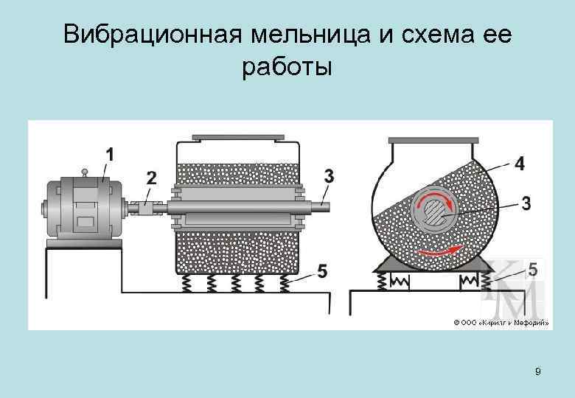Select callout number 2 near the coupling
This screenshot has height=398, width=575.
coord(151,178)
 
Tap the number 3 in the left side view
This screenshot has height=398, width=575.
coord(329,175)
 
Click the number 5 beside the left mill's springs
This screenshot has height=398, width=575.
coord(321,272)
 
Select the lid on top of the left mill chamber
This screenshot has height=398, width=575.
coord(237,137)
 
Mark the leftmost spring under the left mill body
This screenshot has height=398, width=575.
coord(184,284)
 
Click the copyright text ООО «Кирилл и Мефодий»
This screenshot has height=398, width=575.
coord(501,322)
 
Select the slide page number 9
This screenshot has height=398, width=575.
coord(537,371)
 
